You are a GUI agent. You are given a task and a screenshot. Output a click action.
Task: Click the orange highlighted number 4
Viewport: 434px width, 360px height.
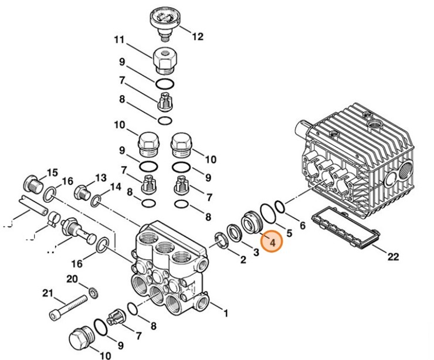272,241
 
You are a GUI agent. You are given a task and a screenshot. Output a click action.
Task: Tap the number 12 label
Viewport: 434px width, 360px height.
198,36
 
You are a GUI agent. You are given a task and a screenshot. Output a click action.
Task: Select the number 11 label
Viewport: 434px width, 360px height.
120,40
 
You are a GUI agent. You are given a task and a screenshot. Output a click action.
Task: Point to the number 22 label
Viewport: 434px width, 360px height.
393,256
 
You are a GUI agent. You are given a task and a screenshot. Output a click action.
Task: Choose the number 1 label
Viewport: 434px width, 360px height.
225,313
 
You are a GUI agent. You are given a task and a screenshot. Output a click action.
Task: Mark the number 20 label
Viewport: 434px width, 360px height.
72,278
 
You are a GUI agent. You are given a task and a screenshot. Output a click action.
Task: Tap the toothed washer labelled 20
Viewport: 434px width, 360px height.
92,291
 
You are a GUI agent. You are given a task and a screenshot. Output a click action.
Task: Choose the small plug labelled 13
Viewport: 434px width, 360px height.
82,192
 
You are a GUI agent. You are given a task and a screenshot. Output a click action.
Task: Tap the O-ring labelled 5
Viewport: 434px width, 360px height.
267,213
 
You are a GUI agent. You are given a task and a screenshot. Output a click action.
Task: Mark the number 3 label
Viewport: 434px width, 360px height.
255,252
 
